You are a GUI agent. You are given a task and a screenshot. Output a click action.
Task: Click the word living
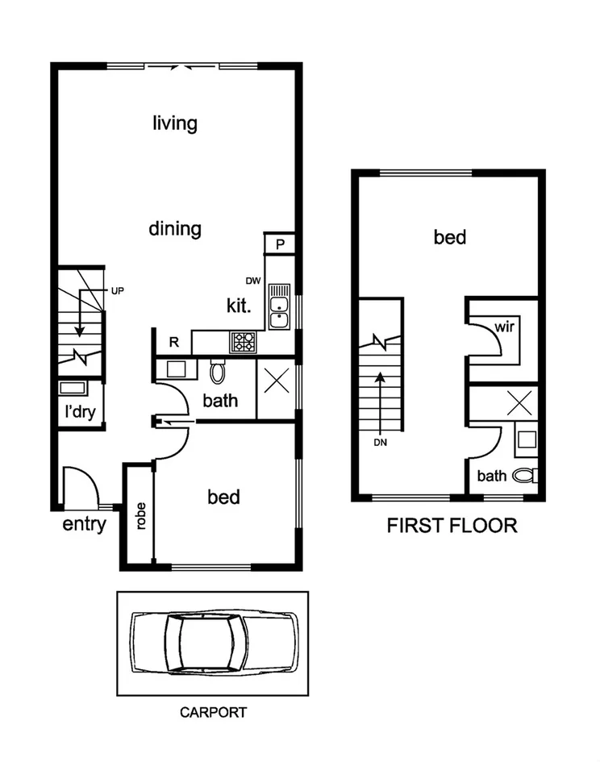pyautogui.click(x=175, y=123)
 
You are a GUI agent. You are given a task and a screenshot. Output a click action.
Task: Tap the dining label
pyautogui.click(x=175, y=228)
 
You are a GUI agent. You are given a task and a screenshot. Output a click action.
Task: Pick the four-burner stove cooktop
pyautogui.click(x=243, y=341)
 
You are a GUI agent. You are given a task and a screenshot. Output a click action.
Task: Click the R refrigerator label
pyautogui.click(x=173, y=342)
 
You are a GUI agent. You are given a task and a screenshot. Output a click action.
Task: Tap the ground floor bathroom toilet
pyautogui.click(x=217, y=371)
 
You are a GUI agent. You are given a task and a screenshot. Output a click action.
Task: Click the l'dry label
pyautogui.click(x=80, y=412)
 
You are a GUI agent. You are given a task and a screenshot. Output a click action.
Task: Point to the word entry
pyautogui.click(x=85, y=525)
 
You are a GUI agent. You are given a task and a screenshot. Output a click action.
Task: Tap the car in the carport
pyautogui.click(x=213, y=643)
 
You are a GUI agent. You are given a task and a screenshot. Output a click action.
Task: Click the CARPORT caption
pyautogui.click(x=213, y=713)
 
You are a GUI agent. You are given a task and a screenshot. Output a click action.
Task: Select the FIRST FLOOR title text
pyautogui.click(x=452, y=527)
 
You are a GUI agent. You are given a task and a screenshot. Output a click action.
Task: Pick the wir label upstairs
pyautogui.click(x=504, y=328)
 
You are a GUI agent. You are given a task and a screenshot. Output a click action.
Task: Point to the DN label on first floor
pyautogui.click(x=381, y=442)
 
